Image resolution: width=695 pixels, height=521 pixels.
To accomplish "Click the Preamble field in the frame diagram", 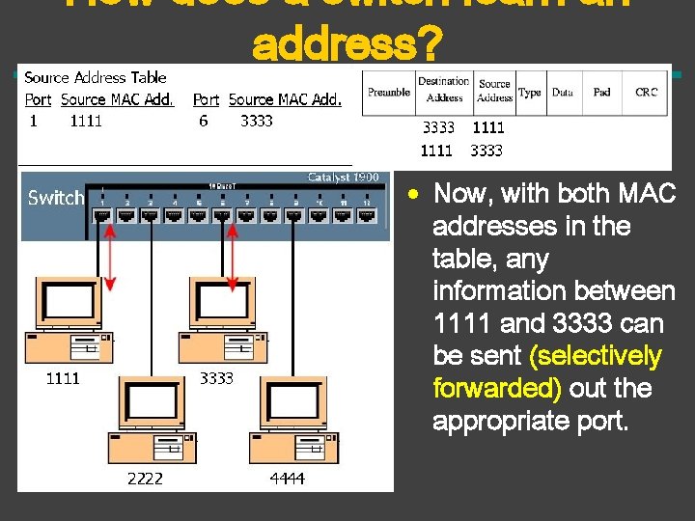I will coord(389,93).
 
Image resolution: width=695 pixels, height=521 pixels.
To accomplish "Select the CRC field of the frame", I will coord(646,93).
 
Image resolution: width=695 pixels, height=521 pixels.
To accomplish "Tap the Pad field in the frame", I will coord(601,93).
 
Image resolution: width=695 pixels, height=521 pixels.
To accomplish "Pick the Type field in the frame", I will coord(529,93).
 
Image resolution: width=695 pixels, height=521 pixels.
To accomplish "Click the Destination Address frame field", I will coord(444,89).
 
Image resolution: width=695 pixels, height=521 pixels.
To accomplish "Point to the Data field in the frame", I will coord(562,93).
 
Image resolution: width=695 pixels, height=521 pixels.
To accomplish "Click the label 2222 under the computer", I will coord(145,478).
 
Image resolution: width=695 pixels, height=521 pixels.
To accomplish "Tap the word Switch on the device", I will coord(56,198).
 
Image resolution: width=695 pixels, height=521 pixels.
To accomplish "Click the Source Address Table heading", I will coord(95,77).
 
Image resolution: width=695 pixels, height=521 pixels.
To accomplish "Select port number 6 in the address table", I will coord(204,121).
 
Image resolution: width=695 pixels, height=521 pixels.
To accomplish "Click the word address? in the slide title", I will coord(346,43).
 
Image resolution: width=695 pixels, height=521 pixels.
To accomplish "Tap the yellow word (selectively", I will coord(596,355).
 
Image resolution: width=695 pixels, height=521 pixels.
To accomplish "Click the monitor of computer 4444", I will coord(297,406).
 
